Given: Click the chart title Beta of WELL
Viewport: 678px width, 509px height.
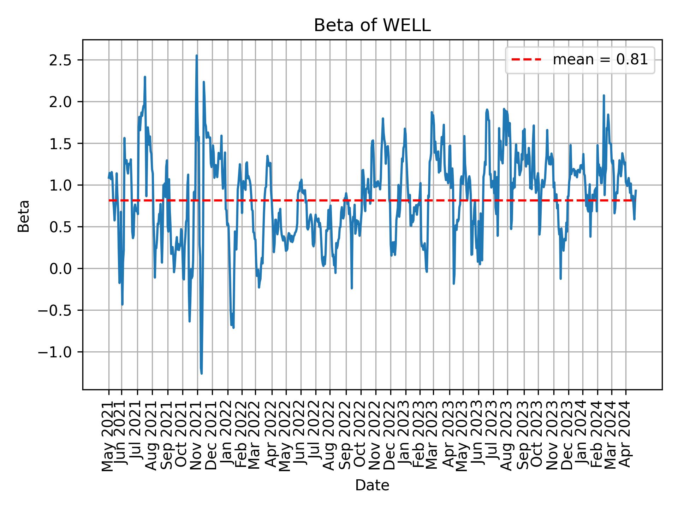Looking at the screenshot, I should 372,25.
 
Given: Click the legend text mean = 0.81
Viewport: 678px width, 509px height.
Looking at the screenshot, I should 600,60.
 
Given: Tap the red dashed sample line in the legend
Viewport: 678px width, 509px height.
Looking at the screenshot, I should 526,60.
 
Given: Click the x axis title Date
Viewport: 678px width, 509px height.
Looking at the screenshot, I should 372,486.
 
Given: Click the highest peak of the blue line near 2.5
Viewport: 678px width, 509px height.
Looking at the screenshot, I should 197,55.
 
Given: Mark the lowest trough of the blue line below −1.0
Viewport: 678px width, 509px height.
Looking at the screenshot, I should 201,373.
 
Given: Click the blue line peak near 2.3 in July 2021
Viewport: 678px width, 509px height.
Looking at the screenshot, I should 145,77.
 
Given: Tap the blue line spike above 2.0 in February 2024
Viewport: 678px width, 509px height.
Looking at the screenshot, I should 604,95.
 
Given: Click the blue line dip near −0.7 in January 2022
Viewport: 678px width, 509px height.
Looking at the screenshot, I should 233,327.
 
